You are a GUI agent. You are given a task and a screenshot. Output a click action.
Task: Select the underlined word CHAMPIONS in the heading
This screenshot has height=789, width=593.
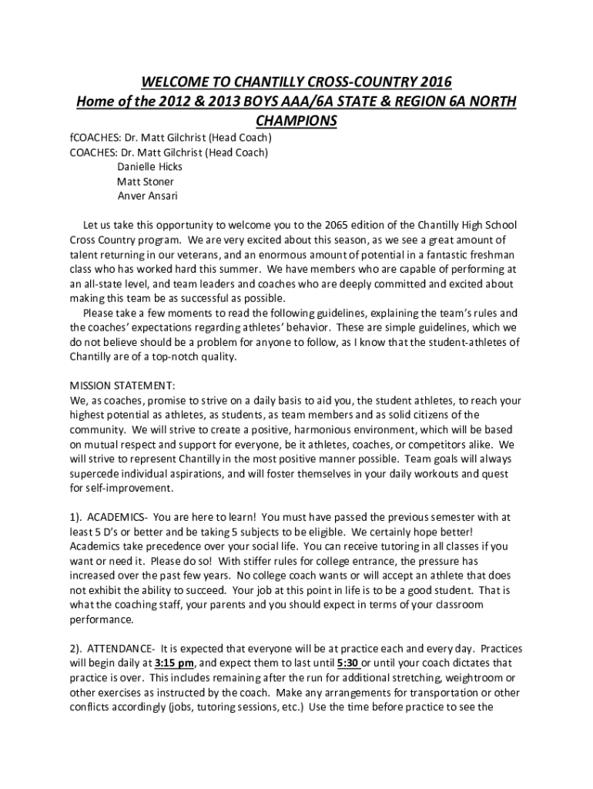[296, 121]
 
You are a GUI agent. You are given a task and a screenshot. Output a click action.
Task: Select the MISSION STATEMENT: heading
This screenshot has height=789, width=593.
[122, 385]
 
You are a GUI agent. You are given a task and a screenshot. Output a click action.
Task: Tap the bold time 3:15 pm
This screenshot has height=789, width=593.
[174, 663]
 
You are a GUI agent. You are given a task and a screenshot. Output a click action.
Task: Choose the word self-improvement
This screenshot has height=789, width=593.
[128, 489]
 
